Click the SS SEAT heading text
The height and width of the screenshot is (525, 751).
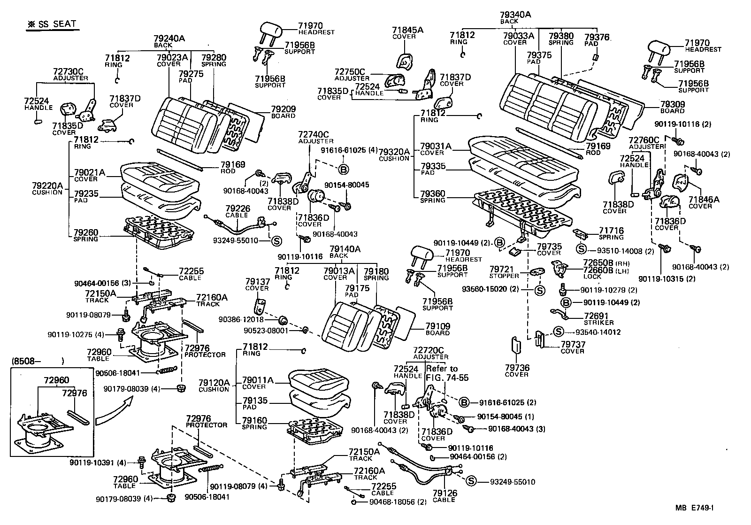coord(51,24)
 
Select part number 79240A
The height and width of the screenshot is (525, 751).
coord(169,39)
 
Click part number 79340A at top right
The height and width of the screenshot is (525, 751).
coord(515,15)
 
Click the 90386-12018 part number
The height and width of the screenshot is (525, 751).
coord(241,319)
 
